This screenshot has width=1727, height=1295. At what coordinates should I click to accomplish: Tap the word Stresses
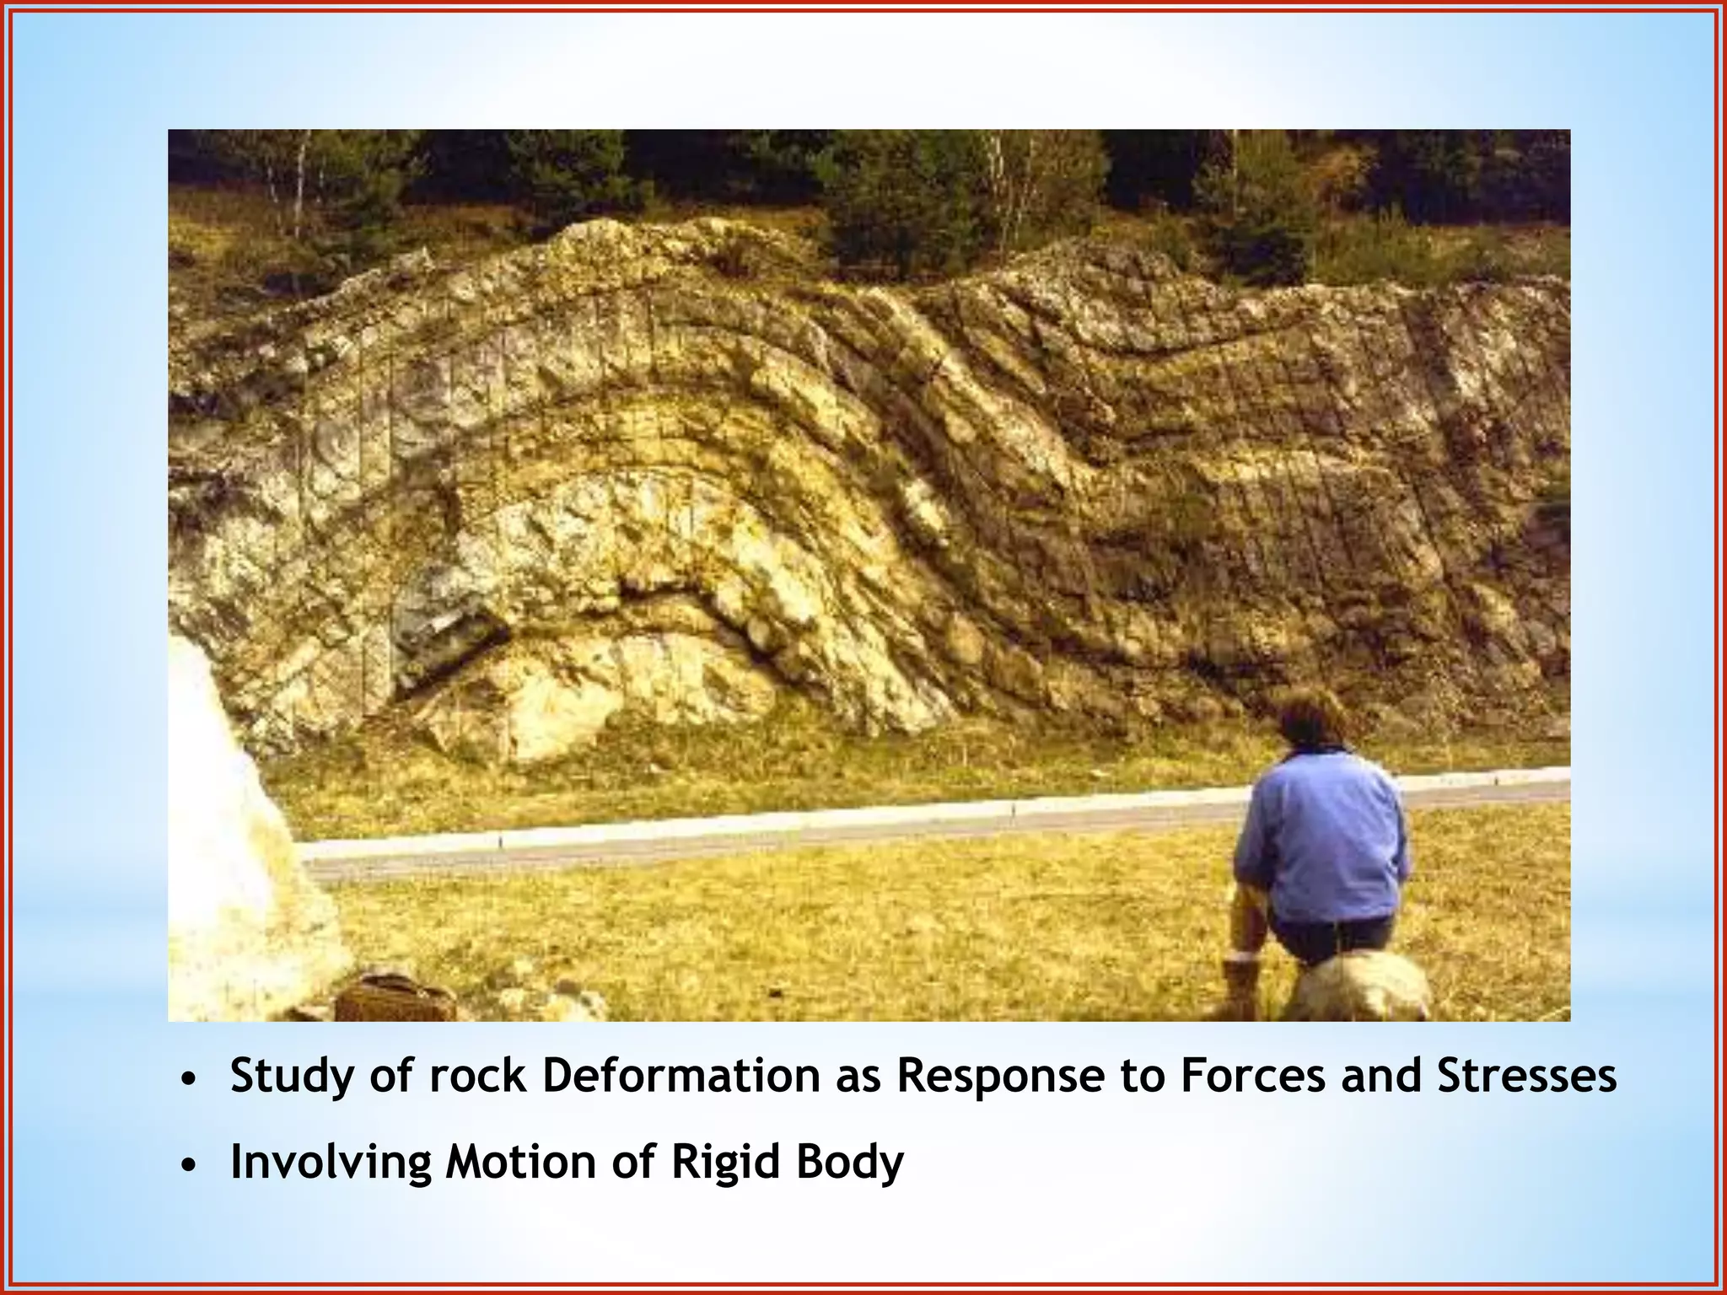1527,1077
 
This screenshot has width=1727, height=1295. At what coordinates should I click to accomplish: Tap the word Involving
331,1163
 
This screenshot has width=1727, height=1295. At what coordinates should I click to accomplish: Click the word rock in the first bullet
473,1077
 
